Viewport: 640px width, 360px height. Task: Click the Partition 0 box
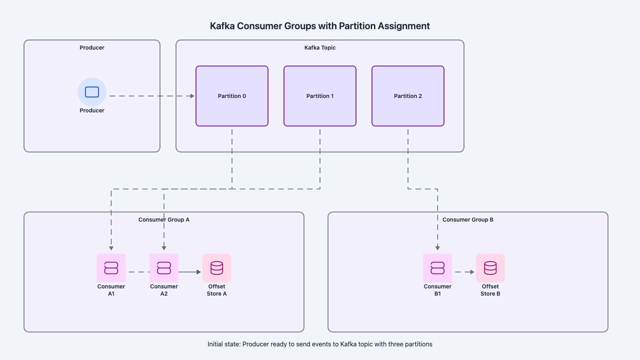point(232,96)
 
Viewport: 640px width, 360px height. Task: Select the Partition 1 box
point(320,96)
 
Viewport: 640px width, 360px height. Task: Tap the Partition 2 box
point(408,96)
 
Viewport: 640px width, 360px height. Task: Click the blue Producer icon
point(92,92)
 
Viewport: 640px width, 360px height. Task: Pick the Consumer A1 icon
point(111,268)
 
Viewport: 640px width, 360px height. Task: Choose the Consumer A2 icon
point(164,268)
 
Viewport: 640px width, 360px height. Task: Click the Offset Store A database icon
point(217,268)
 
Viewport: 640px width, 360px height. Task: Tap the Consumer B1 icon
point(438,268)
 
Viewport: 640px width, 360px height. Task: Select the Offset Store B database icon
point(490,268)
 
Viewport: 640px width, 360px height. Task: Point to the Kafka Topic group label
point(320,48)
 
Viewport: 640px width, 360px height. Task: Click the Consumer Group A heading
point(164,220)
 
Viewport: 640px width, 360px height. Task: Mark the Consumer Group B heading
point(468,220)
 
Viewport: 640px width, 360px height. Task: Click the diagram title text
point(320,26)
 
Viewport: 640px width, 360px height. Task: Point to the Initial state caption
point(320,344)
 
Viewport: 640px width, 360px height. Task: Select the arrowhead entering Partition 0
point(192,96)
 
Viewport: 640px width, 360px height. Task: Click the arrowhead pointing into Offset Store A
point(199,272)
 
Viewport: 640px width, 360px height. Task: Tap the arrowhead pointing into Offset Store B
point(472,272)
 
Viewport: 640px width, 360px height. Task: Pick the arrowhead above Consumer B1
point(438,248)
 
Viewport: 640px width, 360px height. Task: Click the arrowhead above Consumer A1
point(111,248)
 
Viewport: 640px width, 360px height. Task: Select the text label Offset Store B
point(490,290)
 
